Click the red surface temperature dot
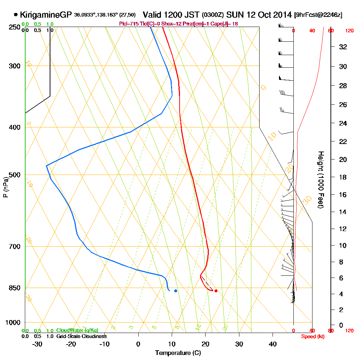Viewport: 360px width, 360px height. [x=216, y=291]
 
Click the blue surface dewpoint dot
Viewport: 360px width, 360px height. [x=176, y=291]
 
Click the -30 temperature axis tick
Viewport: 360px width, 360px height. [x=37, y=344]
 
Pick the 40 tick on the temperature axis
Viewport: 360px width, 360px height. [x=273, y=344]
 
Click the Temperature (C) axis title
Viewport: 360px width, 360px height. [x=178, y=353]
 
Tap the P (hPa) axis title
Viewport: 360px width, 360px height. [x=5, y=187]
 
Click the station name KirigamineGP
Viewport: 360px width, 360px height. [x=46, y=15]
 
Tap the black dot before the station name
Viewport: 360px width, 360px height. [x=15, y=15]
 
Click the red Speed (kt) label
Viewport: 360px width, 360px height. [x=312, y=336]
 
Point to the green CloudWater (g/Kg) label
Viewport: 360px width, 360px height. [x=77, y=330]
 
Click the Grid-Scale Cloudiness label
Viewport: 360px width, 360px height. [x=81, y=336]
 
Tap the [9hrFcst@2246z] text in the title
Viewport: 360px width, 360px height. [x=318, y=15]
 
